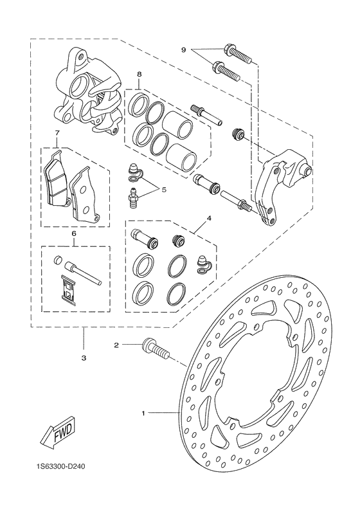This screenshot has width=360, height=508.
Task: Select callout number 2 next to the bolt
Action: pos(116,345)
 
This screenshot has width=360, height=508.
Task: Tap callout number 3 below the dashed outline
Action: pos(84,357)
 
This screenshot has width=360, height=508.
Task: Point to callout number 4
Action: pos(209,219)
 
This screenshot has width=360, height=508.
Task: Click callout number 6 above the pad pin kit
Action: pos(74,235)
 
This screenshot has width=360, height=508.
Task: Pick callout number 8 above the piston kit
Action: pos(139,74)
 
